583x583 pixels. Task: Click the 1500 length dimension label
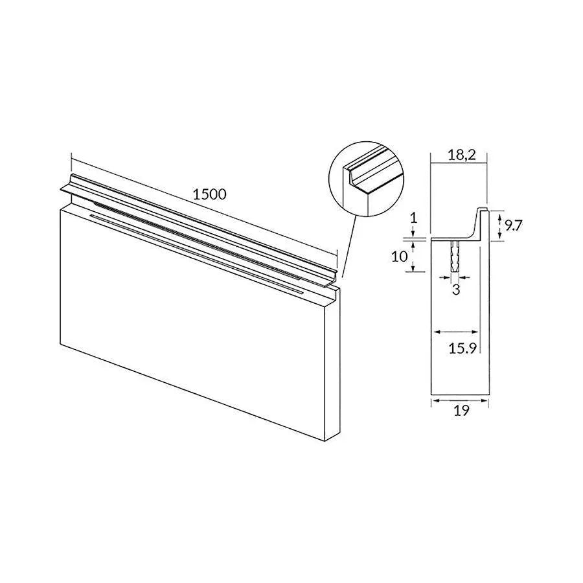209,194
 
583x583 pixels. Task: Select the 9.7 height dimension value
514,225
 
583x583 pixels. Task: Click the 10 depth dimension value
399,256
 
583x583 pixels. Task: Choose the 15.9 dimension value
463,349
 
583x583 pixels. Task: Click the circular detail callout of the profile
365,177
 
